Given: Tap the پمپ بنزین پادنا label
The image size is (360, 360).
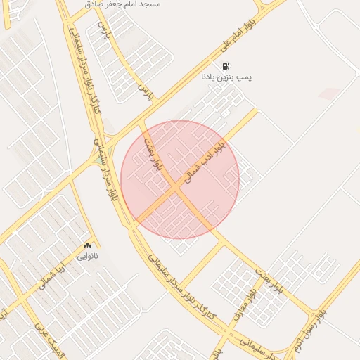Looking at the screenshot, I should (x=226, y=75).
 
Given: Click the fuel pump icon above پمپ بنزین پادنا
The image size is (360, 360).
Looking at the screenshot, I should (x=226, y=66).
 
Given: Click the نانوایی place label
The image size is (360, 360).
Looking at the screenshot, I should (x=87, y=256).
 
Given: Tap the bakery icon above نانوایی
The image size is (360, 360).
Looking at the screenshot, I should (x=87, y=246).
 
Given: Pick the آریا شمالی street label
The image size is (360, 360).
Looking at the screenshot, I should (x=52, y=272).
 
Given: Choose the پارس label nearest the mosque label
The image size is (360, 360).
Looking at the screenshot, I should (x=106, y=30).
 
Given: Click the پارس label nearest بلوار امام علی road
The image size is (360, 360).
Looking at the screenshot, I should (x=145, y=91).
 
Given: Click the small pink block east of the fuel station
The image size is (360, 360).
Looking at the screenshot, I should (x=329, y=93).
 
